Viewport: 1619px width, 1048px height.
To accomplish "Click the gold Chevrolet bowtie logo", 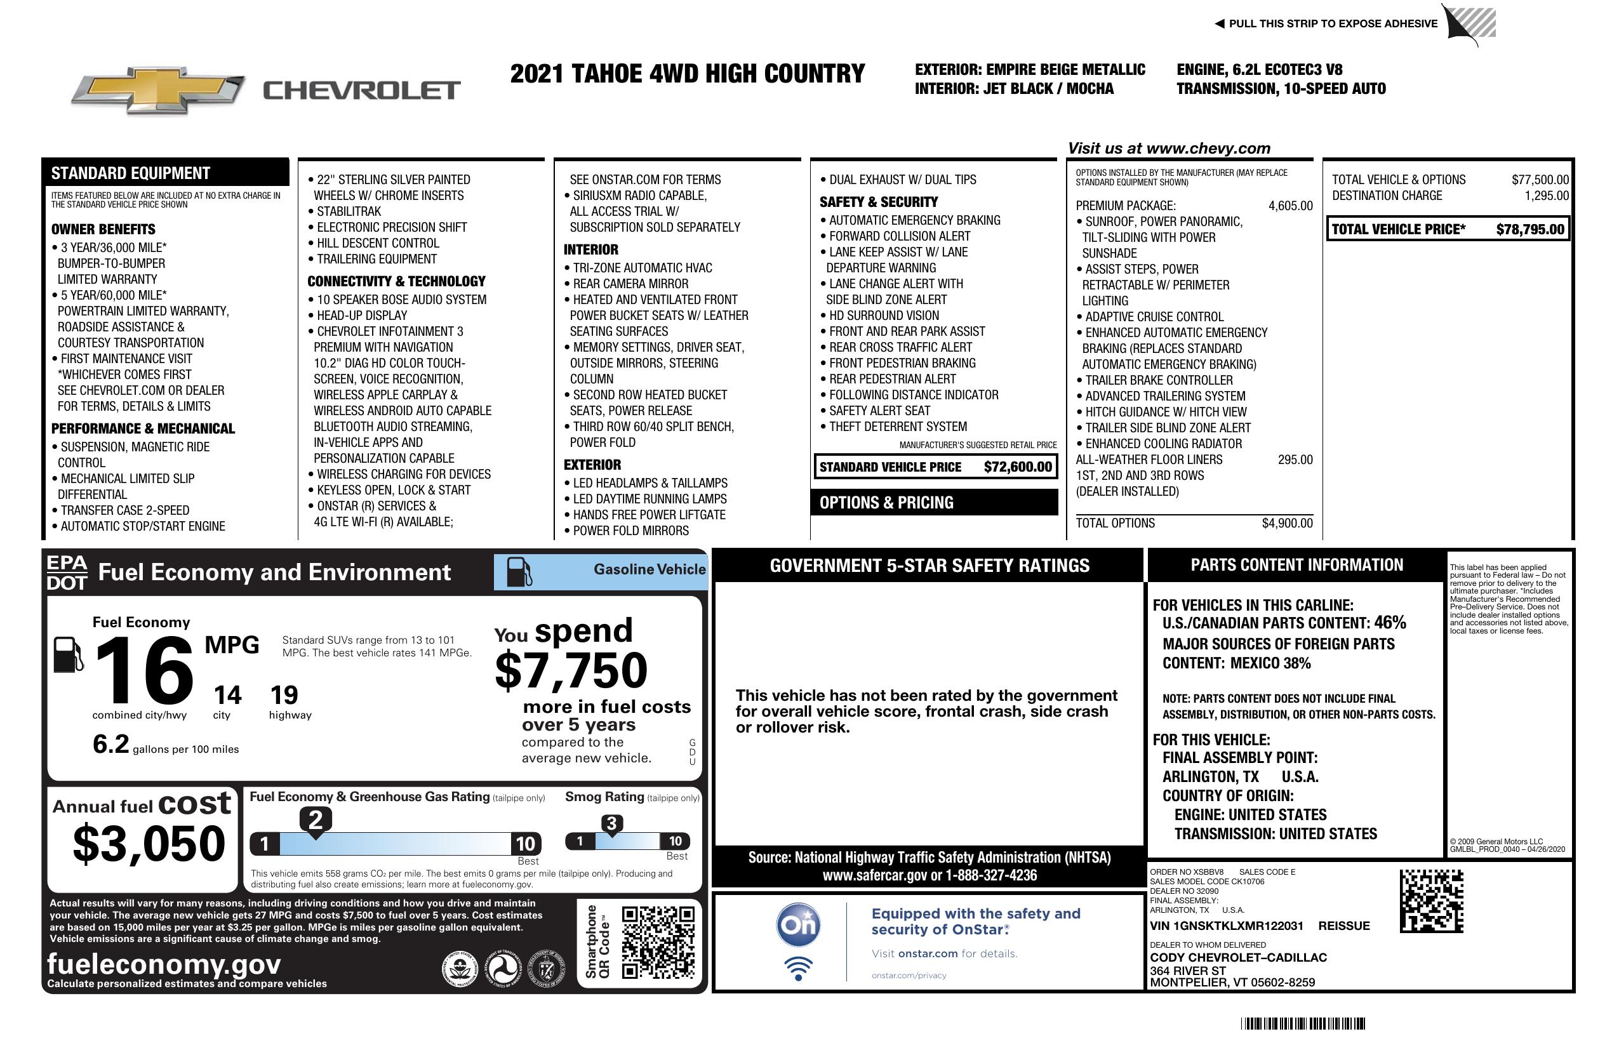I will point(158,90).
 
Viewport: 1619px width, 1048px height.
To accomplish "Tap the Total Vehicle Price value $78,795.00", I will point(1530,229).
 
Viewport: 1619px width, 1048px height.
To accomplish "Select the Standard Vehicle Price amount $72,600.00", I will point(1017,467).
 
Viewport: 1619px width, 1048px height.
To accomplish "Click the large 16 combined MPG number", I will point(143,670).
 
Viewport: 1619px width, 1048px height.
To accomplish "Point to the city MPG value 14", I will point(227,695).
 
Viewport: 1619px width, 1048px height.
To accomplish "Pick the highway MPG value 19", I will point(284,695).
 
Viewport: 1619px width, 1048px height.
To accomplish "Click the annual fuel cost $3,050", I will point(149,844).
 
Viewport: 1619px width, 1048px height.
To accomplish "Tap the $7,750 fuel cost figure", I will point(571,670).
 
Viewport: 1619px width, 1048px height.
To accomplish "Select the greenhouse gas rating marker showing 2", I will point(316,819).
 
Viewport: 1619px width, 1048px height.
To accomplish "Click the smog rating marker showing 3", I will point(611,823).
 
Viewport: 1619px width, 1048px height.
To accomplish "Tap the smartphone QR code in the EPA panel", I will point(658,941).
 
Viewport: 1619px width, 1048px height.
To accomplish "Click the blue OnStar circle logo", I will point(798,924).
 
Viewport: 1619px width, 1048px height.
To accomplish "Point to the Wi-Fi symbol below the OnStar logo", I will point(798,969).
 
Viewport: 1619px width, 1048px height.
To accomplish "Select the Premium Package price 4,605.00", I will point(1289,206).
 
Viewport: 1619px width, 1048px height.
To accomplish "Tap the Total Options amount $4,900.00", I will point(1286,523).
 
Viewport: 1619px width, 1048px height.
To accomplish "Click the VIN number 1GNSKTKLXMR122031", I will point(1226,925).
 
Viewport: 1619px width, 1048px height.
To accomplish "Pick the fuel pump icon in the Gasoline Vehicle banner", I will point(520,571).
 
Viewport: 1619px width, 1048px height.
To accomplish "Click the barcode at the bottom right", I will point(1302,1023).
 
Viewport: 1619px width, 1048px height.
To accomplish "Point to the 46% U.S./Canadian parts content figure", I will point(1389,622).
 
